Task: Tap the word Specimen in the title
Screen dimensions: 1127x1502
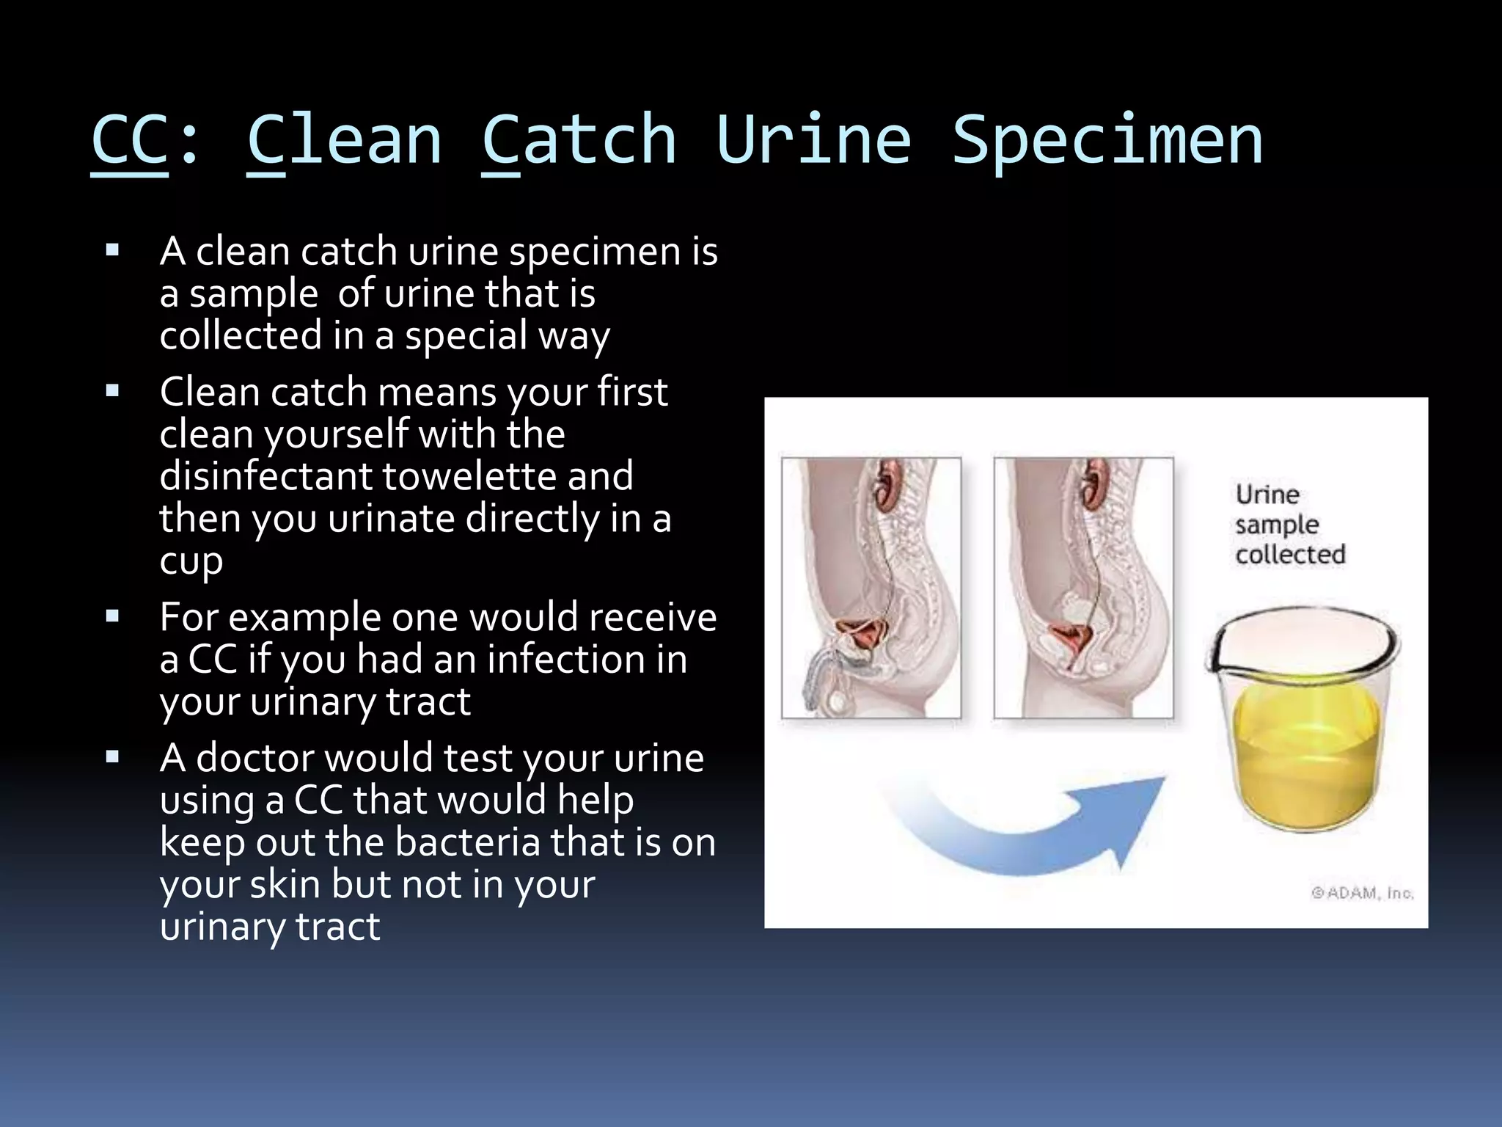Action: (1107, 142)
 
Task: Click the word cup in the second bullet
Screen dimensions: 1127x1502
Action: (191, 562)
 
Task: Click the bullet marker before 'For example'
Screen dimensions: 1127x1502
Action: (112, 616)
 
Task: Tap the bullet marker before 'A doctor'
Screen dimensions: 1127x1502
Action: (112, 757)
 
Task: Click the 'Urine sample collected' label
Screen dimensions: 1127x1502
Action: (1289, 525)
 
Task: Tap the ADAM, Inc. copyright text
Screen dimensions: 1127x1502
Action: (1362, 893)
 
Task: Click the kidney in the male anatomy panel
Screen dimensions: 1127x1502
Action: (889, 485)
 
